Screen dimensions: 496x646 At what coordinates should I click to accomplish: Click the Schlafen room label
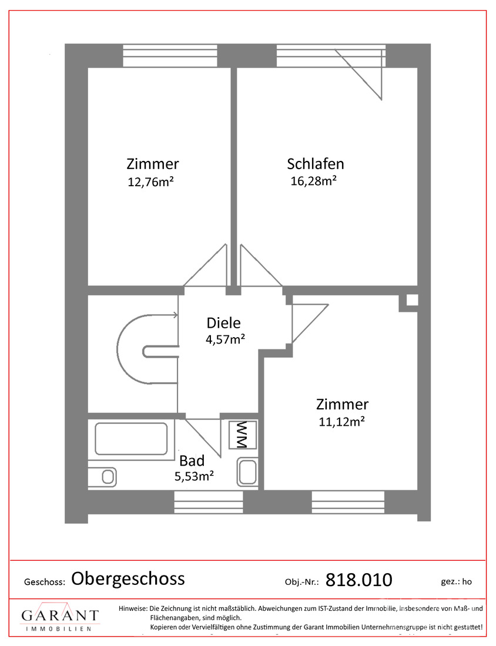[316, 164]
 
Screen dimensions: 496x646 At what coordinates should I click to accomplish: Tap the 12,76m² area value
[150, 181]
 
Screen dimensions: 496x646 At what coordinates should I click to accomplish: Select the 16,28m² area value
[314, 180]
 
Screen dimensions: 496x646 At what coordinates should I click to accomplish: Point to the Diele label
[223, 322]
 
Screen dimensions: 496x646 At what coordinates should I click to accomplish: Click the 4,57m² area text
[226, 339]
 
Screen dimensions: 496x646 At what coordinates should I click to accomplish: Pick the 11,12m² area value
[342, 422]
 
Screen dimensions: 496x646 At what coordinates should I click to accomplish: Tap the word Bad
[192, 460]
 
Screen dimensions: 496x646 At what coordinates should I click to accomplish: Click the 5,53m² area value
[194, 476]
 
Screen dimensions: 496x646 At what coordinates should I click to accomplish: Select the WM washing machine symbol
[243, 435]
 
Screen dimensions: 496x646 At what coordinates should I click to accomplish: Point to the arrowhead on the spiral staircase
[175, 315]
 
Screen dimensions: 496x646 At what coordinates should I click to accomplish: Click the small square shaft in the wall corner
[412, 300]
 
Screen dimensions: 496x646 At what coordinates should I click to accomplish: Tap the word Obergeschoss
[128, 579]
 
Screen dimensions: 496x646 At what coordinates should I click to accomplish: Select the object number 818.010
[358, 580]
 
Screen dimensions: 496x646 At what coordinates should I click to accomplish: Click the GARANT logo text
[60, 615]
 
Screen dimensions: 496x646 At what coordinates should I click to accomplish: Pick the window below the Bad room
[209, 502]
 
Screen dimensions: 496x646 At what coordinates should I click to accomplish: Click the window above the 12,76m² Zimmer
[170, 55]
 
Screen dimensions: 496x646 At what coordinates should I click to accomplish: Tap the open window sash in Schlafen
[358, 74]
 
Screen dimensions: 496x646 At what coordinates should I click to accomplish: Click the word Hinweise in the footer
[133, 608]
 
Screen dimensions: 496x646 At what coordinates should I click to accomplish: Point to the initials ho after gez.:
[467, 581]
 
